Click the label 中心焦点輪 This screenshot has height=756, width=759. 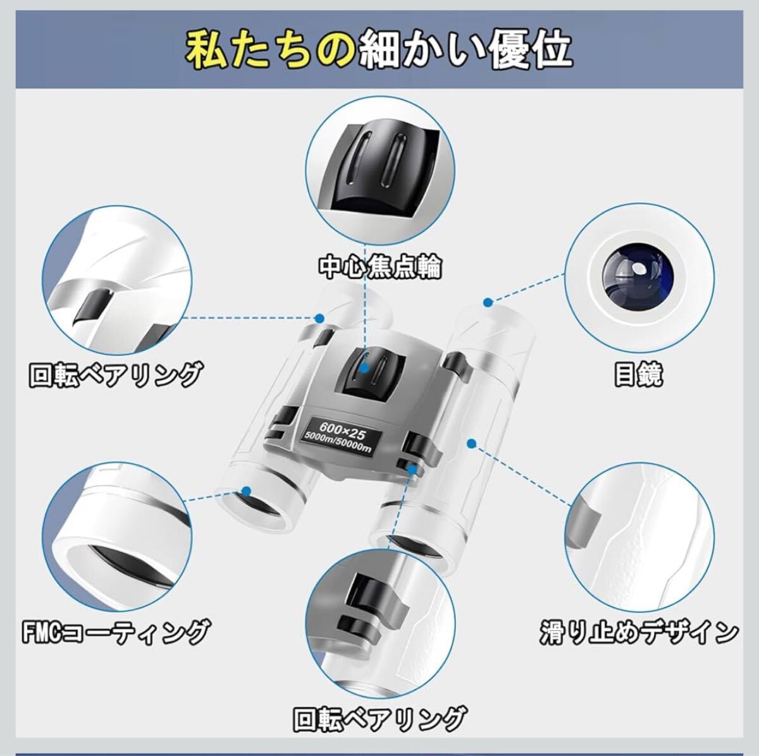click(379, 268)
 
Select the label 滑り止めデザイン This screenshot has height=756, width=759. click(639, 633)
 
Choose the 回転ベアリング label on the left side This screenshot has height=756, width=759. click(116, 374)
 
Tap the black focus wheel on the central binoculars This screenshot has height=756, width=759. click(371, 375)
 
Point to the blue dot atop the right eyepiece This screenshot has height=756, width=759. click(488, 303)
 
